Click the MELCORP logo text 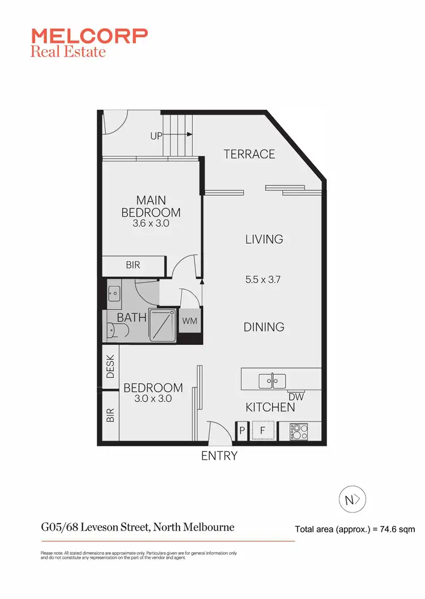tap(90, 36)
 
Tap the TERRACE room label tap(249, 154)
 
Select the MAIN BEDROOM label tap(151, 206)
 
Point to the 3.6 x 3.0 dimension tap(151, 223)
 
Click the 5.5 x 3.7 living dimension tap(264, 279)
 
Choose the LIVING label tap(264, 239)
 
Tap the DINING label tap(264, 327)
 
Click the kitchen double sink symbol tap(273, 381)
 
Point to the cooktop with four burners tap(299, 432)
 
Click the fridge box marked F tap(262, 430)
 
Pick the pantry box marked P tap(242, 431)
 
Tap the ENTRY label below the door tap(219, 456)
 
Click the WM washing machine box tap(189, 321)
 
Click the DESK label tap(110, 366)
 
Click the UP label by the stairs tap(156, 136)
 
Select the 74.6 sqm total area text tap(355, 529)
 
